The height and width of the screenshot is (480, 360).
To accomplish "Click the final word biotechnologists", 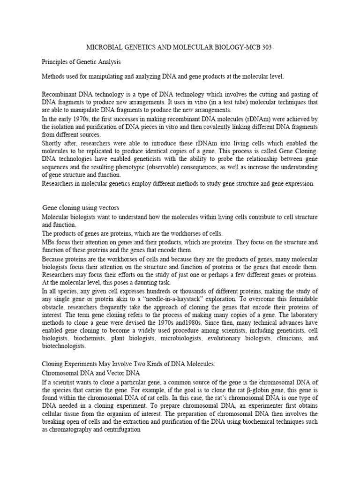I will (x=64, y=346).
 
